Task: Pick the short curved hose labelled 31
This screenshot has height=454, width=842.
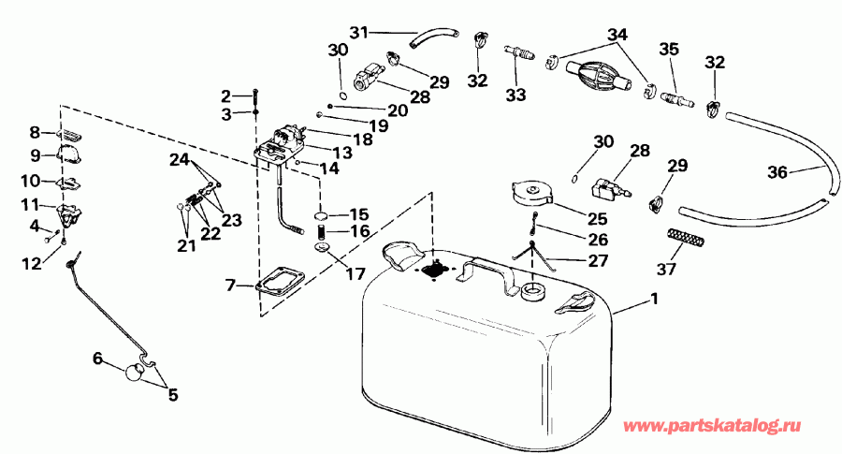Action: pos(434,37)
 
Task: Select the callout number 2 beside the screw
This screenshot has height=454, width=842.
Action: pos(225,95)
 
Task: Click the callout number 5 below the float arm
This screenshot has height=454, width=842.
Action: pos(171,394)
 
